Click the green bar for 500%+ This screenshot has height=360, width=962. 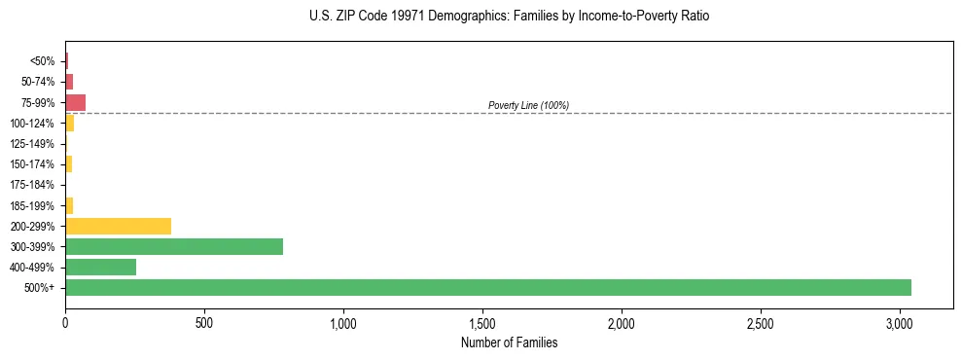tap(486, 288)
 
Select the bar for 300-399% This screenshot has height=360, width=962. tap(173, 246)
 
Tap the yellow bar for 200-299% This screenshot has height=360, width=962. tap(118, 226)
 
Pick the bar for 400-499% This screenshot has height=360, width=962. tap(100, 268)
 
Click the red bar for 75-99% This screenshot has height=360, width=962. tap(75, 102)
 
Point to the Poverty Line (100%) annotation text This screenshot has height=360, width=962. tap(528, 105)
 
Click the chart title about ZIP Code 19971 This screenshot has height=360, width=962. tap(503, 17)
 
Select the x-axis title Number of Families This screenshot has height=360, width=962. tap(509, 342)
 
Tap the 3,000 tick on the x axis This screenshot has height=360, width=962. tap(900, 322)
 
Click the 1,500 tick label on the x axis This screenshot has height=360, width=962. tap(482, 322)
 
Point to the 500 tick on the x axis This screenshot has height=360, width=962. tap(204, 322)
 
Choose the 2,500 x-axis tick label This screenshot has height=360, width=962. tap(761, 322)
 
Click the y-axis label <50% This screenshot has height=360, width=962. tap(42, 61)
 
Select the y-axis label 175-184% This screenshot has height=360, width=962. tap(32, 185)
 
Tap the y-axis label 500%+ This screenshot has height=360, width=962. tap(39, 288)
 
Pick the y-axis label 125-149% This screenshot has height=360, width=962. tap(32, 144)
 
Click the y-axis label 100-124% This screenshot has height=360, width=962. tap(32, 124)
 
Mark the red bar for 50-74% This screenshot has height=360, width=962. tap(69, 82)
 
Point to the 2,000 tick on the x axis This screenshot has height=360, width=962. tap(622, 322)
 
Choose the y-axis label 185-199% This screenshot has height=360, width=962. tap(32, 205)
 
